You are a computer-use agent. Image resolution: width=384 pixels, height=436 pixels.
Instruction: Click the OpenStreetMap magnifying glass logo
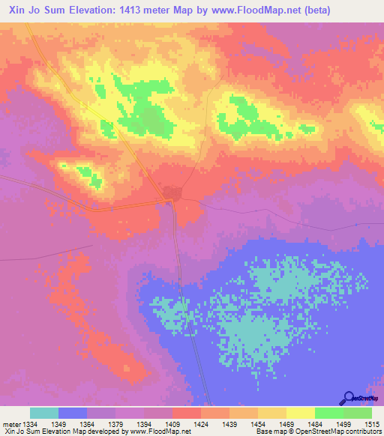click(349, 398)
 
